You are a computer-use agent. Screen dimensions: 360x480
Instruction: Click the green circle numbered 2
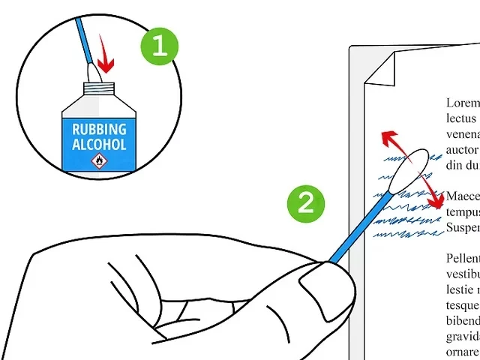306,203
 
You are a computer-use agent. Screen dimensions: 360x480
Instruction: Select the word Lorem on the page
462,103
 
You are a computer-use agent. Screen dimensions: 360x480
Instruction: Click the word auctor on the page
462,150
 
